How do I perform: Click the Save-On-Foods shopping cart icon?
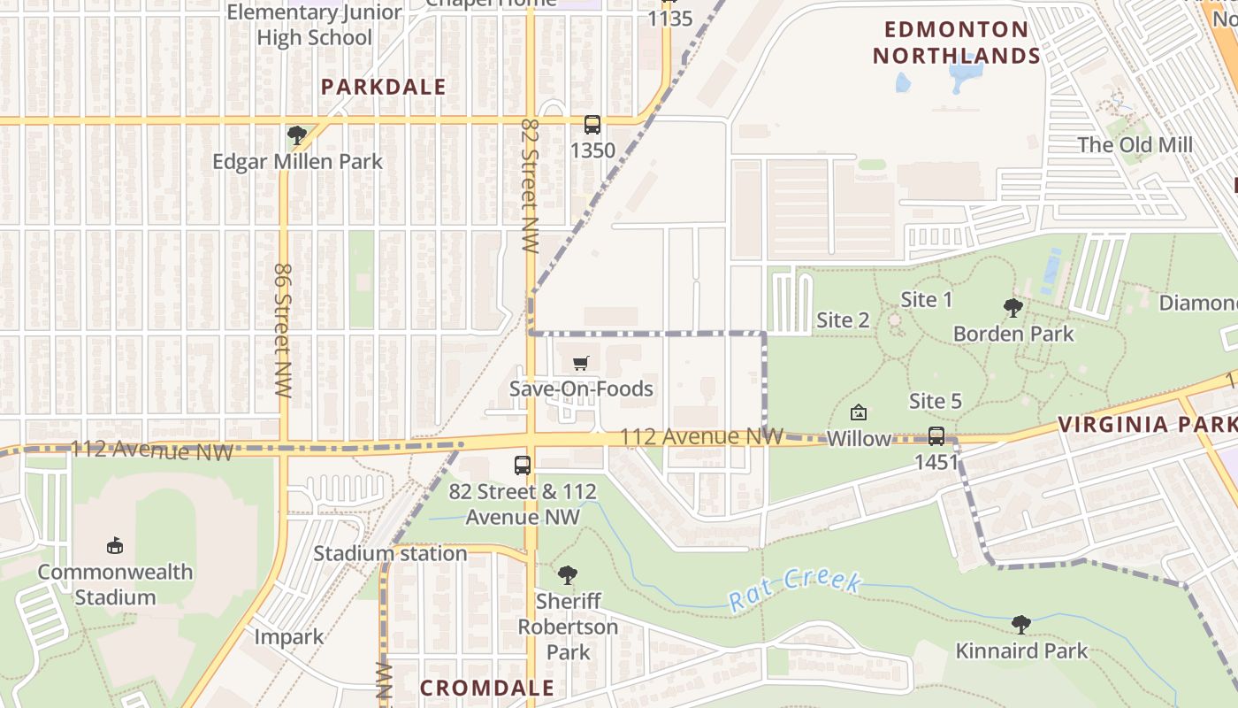click(580, 363)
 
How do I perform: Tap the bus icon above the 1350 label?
click(592, 125)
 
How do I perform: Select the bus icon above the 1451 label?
click(936, 435)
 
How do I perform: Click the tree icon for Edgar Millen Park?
click(297, 135)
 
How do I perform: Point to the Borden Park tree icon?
click(1013, 308)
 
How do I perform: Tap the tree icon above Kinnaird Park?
click(1021, 625)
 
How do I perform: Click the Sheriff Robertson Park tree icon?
click(568, 575)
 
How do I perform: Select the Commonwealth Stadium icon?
click(114, 545)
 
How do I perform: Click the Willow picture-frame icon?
click(858, 412)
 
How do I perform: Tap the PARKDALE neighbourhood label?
click(383, 87)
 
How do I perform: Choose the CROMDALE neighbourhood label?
click(486, 688)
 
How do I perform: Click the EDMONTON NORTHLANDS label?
click(956, 42)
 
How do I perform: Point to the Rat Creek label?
click(795, 590)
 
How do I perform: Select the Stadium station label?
click(390, 554)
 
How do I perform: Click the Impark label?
click(289, 636)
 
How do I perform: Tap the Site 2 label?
click(843, 320)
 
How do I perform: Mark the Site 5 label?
click(935, 401)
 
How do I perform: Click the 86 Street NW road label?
click(283, 329)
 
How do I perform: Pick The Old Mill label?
click(1135, 144)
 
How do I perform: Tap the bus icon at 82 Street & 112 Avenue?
click(523, 465)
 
